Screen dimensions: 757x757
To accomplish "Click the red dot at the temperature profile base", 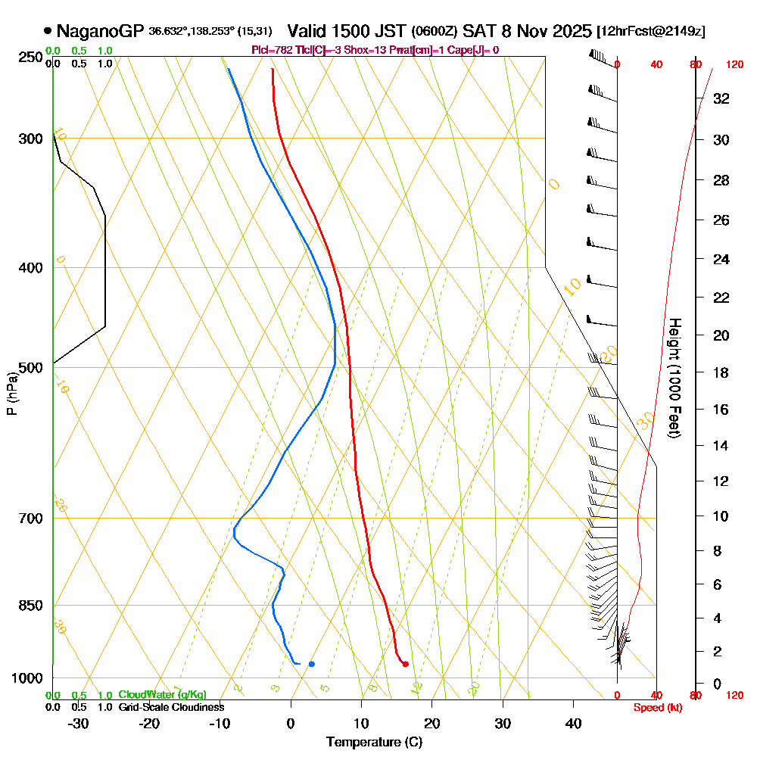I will point(406,664).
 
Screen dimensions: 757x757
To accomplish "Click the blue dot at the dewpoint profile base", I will point(311,664).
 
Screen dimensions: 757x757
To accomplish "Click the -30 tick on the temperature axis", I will point(79,723).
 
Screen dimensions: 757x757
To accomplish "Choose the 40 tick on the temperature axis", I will point(573,723).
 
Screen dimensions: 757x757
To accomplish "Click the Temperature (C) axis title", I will point(374,743).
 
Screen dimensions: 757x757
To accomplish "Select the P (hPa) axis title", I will point(11,394).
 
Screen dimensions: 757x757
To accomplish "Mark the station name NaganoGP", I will point(100,32).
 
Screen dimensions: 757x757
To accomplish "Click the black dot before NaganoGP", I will point(48,32).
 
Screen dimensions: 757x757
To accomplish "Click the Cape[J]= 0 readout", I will point(475,50).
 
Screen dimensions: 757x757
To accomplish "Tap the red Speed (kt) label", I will point(655,708).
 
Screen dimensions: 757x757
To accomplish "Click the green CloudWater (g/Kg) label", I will point(162,695).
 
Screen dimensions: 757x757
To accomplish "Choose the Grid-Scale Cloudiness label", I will point(171,707).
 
